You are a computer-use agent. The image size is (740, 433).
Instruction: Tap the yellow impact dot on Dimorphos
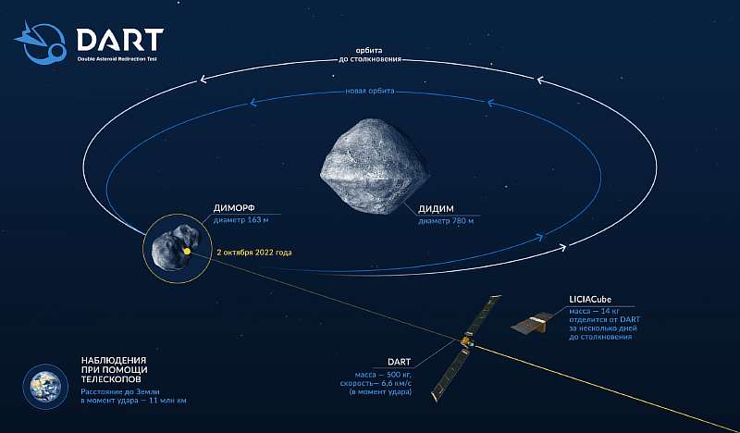188,252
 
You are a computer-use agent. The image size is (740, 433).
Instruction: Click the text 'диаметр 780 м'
446,220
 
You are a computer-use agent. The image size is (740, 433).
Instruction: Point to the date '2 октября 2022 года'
253,253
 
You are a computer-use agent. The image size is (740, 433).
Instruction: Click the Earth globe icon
45,387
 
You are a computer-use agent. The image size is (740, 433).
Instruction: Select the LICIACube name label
591,300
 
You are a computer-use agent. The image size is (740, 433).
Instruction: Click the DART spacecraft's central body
467,342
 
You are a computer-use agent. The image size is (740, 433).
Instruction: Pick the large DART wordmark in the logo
120,40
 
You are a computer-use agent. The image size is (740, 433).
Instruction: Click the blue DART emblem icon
41,43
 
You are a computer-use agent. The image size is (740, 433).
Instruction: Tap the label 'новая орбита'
369,91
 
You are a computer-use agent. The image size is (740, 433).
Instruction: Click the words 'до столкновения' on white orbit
369,59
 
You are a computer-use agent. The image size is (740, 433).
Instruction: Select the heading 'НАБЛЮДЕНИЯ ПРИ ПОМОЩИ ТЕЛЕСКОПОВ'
114,369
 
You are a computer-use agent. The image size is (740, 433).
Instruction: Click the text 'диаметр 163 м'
241,220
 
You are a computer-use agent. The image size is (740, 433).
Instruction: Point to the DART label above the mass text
399,362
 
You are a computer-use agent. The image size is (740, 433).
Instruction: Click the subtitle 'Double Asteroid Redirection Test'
117,59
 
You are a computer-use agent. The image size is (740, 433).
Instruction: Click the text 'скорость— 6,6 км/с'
376,383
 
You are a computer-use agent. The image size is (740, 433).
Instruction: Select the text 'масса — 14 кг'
595,311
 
